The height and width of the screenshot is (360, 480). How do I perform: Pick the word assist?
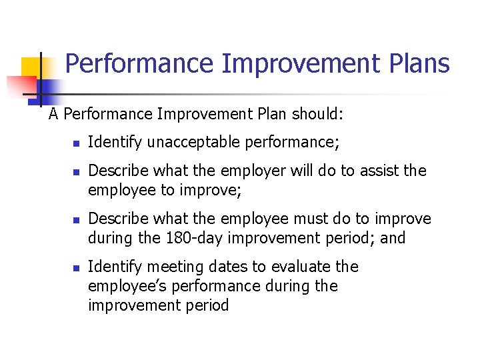click(x=379, y=171)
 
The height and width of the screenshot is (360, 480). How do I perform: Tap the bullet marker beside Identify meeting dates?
click(x=77, y=268)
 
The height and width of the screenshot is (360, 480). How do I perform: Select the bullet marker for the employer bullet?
click(x=77, y=172)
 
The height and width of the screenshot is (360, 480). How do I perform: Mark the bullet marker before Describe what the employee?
click(x=77, y=220)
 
